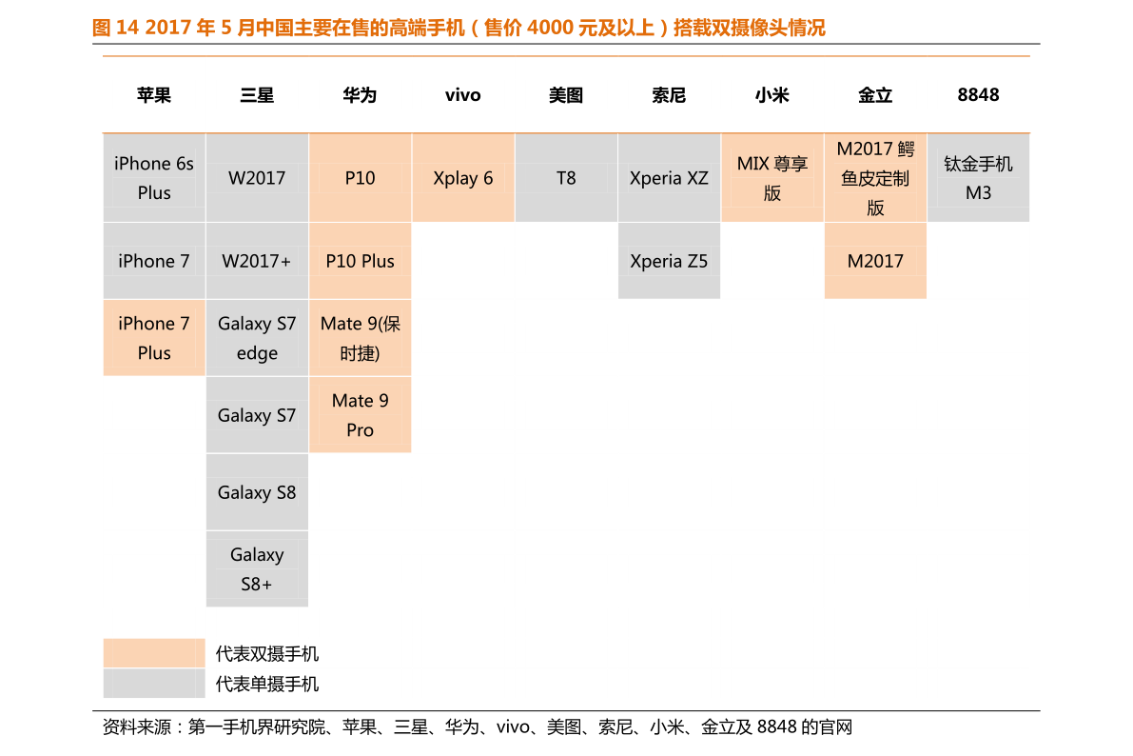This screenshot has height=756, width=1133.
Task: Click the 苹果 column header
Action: point(154,95)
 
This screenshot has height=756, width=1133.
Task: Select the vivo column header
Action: point(462,95)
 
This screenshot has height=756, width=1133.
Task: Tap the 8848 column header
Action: point(978,95)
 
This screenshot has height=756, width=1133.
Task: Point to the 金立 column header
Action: point(875,95)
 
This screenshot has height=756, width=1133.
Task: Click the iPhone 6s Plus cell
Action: point(154,178)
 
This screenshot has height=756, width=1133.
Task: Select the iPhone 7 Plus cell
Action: point(154,338)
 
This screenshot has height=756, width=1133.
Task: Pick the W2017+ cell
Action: point(257,261)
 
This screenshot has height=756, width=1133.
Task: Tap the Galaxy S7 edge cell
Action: point(257,338)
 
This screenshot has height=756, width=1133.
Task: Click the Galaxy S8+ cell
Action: point(257,568)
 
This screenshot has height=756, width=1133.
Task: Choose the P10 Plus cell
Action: point(360,261)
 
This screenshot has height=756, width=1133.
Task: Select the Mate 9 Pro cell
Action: point(360,415)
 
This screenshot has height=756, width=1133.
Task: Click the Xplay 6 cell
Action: point(463,178)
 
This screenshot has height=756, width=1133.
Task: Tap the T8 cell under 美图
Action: point(566,178)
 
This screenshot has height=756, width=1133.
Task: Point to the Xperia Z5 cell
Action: point(669,261)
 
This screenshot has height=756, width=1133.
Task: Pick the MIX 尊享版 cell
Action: point(772,178)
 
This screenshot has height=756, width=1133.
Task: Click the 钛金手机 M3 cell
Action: point(978,178)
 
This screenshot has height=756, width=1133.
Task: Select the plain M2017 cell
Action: point(875,261)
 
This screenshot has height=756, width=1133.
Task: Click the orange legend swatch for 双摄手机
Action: point(154,652)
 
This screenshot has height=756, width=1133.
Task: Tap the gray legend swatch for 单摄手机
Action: point(154,683)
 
